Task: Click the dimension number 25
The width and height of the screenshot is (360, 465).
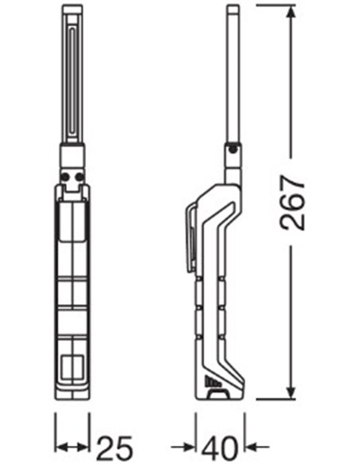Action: [x=114, y=448]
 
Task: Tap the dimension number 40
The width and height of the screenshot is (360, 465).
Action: [x=221, y=448]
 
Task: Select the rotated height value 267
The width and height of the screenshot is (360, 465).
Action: [x=292, y=202]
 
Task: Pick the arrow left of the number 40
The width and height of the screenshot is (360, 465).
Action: [x=183, y=447]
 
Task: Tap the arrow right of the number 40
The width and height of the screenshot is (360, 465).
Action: [x=256, y=447]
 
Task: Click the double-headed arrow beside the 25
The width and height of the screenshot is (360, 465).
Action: [x=72, y=447]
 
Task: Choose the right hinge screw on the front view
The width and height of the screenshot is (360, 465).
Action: [x=80, y=177]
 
